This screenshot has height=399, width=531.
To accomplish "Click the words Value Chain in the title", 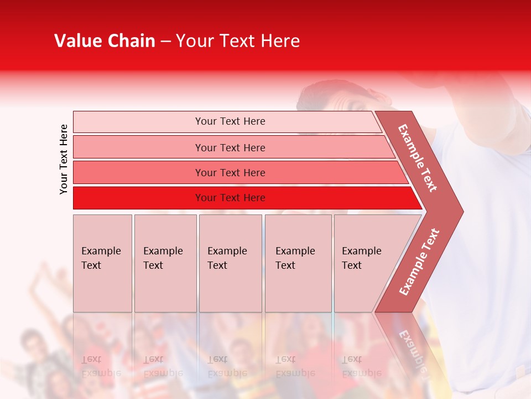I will click(x=105, y=41).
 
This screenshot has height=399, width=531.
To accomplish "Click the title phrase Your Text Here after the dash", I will click(x=238, y=41).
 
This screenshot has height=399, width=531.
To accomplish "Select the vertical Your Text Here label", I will click(x=64, y=159).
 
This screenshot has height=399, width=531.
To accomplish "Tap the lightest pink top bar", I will click(x=230, y=121).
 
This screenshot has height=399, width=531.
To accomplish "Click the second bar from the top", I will click(x=230, y=147).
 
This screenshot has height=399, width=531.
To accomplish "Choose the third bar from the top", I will click(x=230, y=172).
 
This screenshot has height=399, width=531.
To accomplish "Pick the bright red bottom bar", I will click(x=230, y=198).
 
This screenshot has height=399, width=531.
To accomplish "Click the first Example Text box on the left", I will click(x=102, y=263).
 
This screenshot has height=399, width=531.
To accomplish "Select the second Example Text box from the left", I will click(x=165, y=263).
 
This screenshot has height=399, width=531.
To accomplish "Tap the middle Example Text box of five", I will click(x=230, y=263).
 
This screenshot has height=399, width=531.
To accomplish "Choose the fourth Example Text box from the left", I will click(x=298, y=263).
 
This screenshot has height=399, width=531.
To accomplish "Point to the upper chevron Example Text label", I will click(x=418, y=158).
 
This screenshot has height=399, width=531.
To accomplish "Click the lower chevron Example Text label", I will click(x=419, y=262).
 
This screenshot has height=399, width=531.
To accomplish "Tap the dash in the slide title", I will click(x=165, y=42).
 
